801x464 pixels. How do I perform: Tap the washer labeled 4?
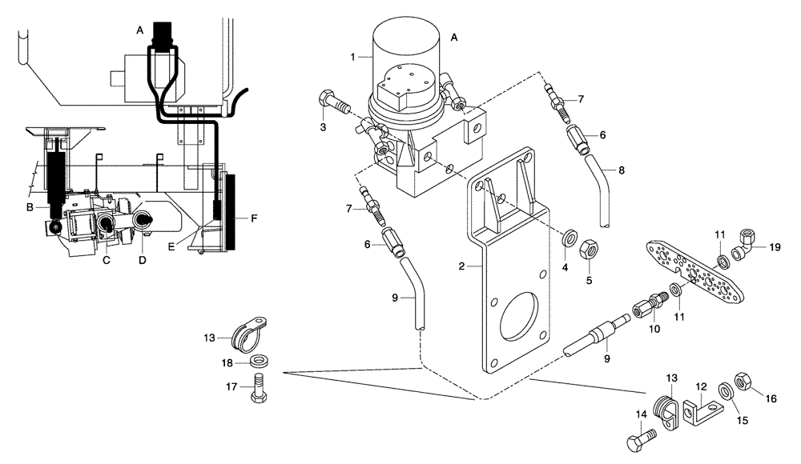coord(572,238)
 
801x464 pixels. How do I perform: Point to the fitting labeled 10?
coord(646,308)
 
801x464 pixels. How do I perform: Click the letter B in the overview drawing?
coord(29,208)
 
